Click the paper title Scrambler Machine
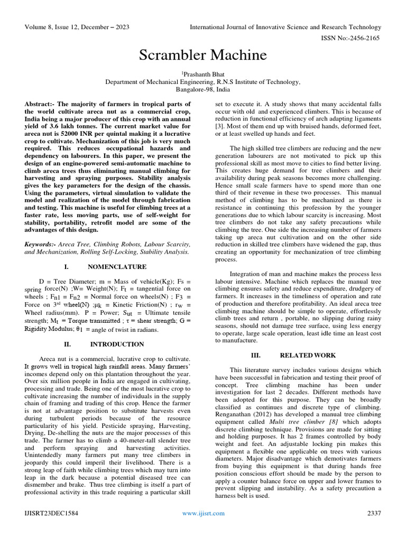click(203, 55)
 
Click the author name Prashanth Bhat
click(204, 74)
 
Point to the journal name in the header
click(285, 27)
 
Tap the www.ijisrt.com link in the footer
click(203, 513)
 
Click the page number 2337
click(374, 513)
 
